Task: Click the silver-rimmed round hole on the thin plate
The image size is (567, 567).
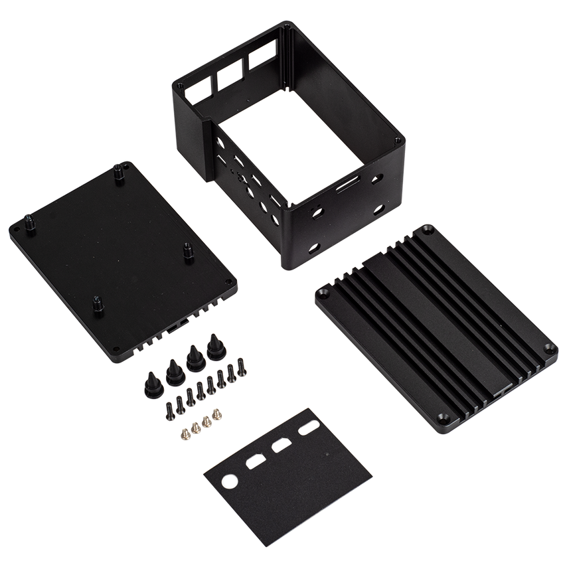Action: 230,481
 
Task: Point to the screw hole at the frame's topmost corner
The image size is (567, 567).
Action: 287,27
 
